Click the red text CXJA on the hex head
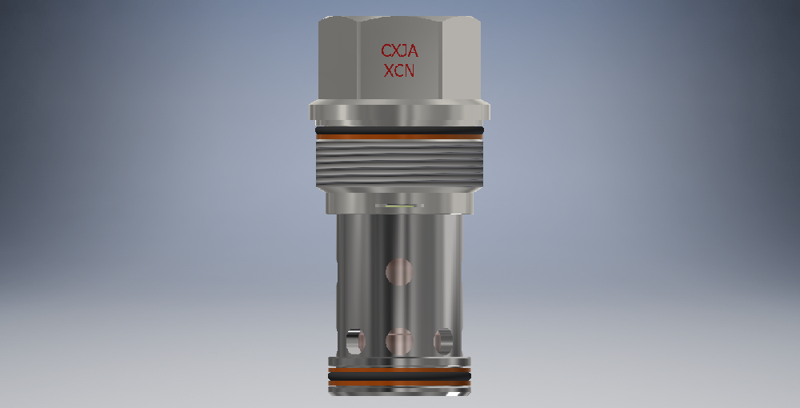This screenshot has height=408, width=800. (x=399, y=50)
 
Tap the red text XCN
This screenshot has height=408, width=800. (x=399, y=71)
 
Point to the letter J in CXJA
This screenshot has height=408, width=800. (x=401, y=50)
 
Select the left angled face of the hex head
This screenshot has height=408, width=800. (x=338, y=58)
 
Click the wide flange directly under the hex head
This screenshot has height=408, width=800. (x=399, y=110)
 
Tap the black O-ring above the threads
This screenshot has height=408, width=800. (x=399, y=130)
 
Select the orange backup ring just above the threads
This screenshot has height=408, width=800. (x=399, y=137)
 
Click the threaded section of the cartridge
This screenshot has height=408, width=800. (x=399, y=164)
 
